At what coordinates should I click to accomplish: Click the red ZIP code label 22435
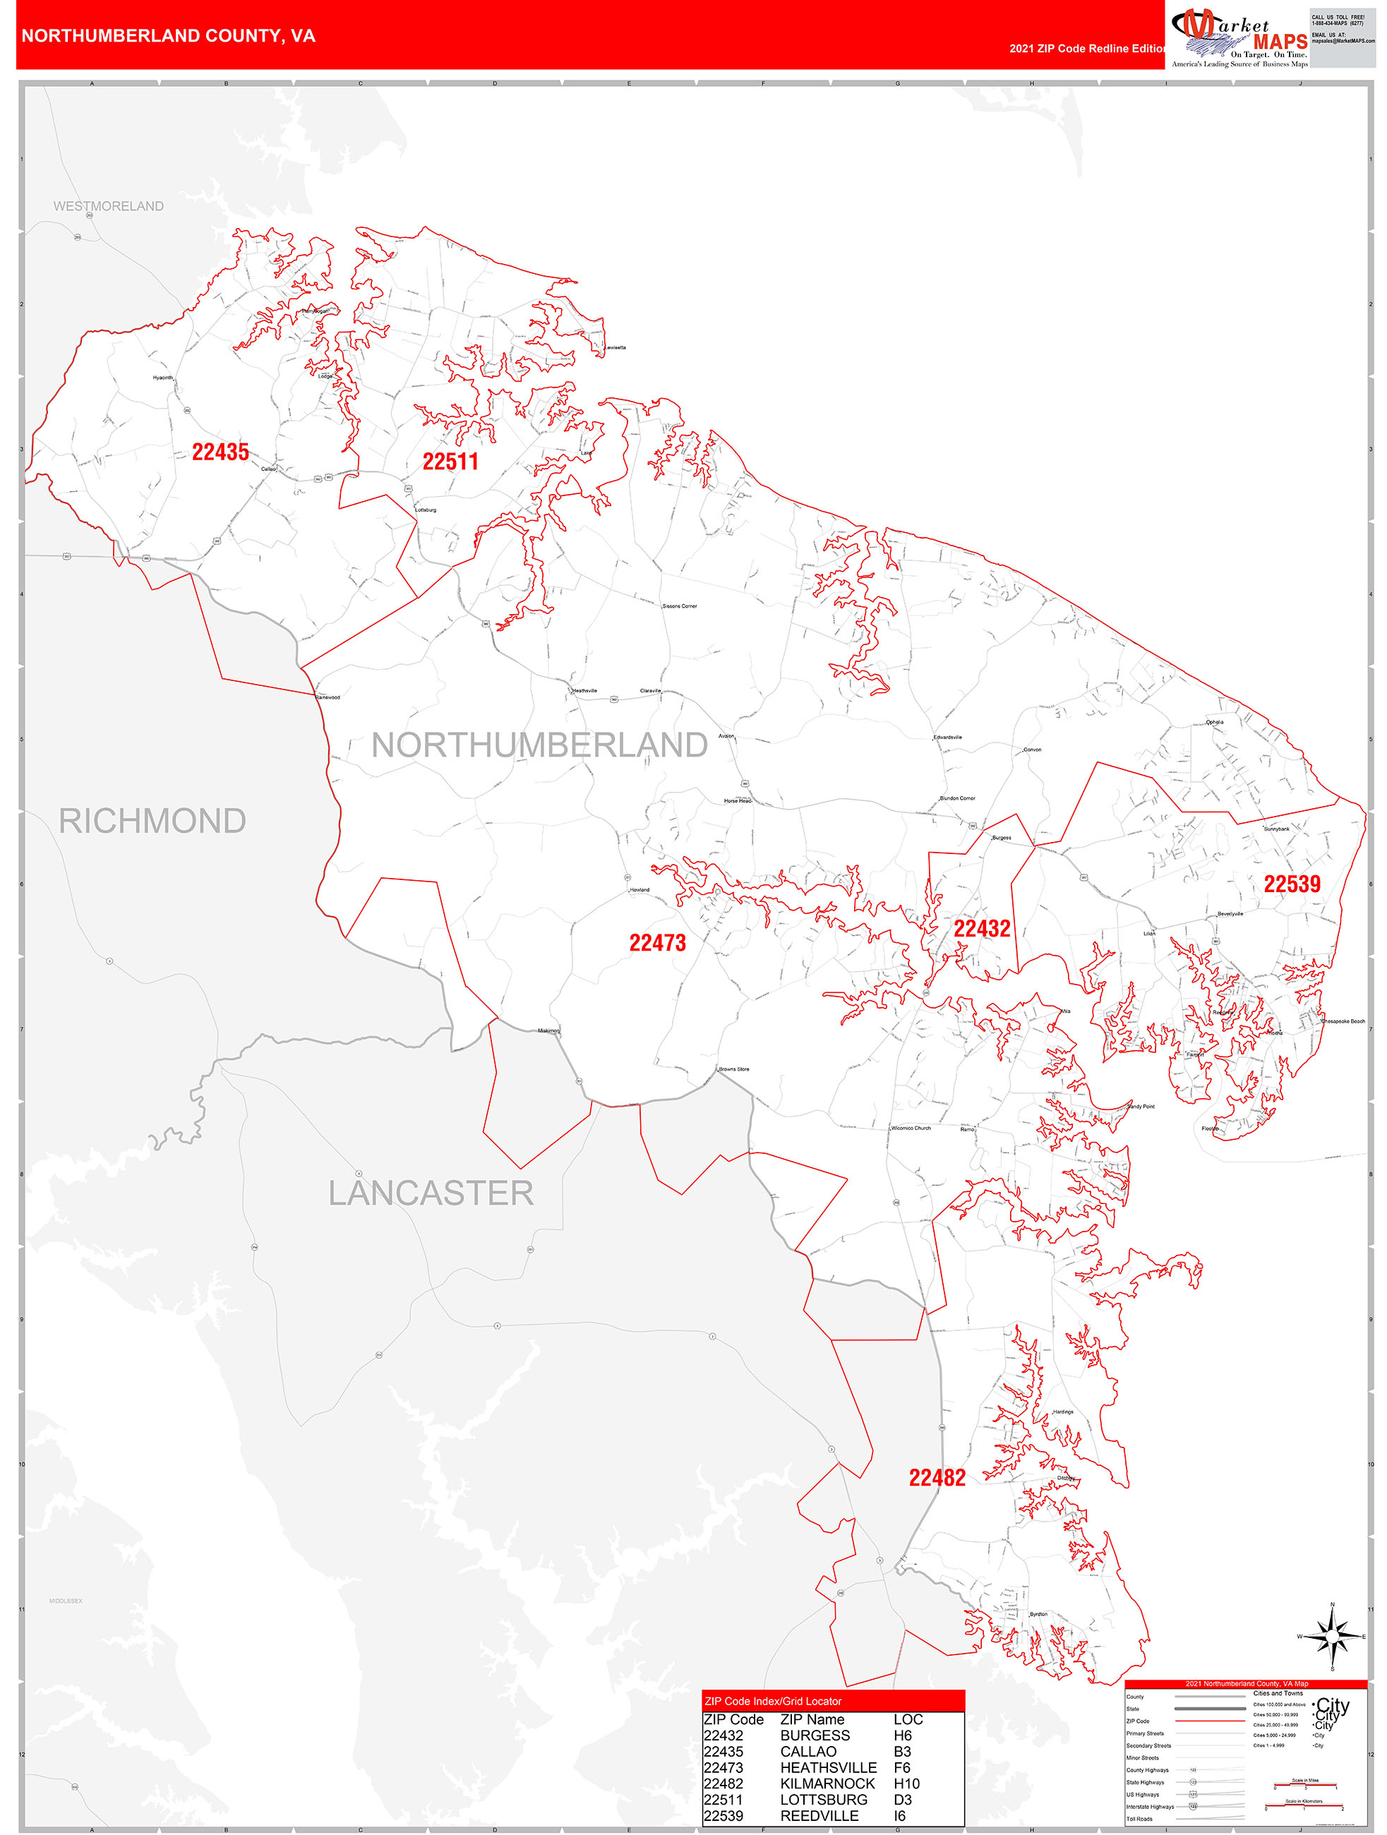tap(221, 452)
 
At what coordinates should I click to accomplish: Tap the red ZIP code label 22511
tap(450, 462)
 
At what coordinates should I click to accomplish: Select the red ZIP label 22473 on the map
tap(657, 943)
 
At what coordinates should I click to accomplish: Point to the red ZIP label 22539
tap(1292, 884)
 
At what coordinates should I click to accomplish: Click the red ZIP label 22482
tap(937, 1477)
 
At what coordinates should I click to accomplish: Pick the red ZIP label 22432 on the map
tap(981, 929)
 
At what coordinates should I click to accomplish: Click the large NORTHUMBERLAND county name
tap(539, 745)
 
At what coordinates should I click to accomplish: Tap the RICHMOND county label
tap(152, 822)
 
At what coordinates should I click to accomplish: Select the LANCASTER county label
tap(431, 1193)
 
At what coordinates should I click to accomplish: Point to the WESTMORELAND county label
tap(109, 206)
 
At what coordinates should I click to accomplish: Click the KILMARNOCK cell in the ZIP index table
tap(827, 1783)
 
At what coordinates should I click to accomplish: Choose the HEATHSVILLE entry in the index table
tap(828, 1768)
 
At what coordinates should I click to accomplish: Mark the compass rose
tap(1332, 1637)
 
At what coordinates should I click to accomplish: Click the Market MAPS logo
tap(1239, 36)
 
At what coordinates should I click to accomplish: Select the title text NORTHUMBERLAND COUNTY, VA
tap(169, 36)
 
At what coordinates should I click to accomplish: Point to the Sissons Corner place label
tap(680, 606)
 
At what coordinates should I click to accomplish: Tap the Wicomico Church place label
tap(911, 1129)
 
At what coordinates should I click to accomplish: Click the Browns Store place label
tap(733, 1069)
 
